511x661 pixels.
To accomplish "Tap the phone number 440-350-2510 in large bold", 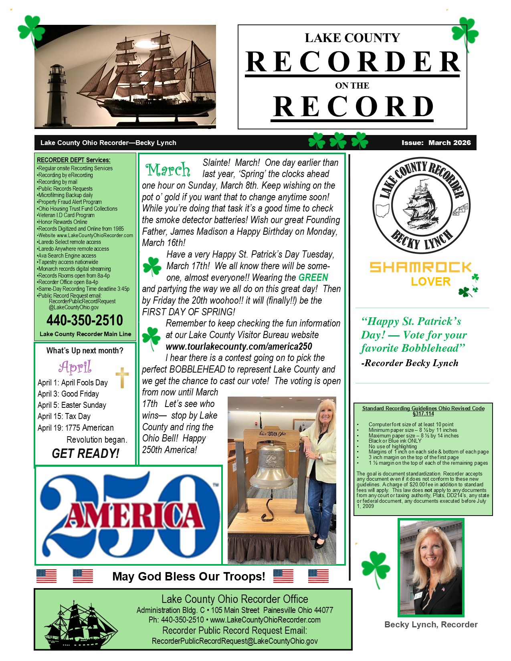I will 85,320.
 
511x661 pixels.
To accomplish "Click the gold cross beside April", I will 122,377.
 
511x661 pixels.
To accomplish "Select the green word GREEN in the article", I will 313,277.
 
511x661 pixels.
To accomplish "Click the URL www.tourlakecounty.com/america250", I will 239,346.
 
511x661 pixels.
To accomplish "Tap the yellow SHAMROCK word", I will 420,267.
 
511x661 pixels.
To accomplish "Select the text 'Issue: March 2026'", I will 436,143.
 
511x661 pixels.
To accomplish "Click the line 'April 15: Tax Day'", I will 64,416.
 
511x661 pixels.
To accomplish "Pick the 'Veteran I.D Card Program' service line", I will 66,215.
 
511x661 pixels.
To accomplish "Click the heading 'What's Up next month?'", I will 85,351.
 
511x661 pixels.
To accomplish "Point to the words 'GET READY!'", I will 85,453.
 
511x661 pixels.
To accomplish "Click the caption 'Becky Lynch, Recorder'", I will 431,624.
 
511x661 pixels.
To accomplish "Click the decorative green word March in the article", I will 168,170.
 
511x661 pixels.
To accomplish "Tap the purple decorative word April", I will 75,367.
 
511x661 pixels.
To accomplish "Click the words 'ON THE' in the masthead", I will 352,85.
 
